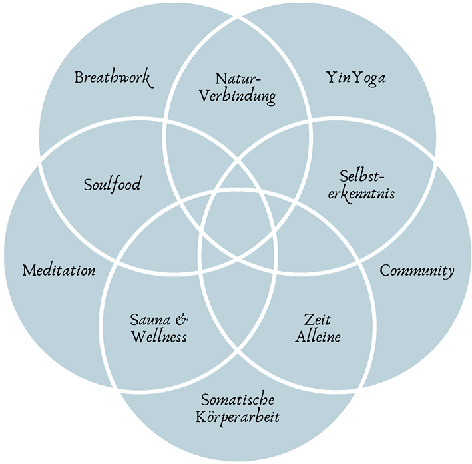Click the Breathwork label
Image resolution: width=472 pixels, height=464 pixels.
point(113,78)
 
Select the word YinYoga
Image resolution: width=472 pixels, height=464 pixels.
point(356,78)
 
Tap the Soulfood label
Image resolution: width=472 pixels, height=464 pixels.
point(113,184)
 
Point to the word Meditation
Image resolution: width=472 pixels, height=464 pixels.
point(59,270)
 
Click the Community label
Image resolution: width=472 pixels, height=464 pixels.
point(417,271)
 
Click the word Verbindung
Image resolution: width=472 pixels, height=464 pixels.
point(238,97)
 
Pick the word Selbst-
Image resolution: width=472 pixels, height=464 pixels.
point(362,176)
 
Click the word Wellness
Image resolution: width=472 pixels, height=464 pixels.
point(159,336)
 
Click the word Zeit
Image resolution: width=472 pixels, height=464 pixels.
point(317,319)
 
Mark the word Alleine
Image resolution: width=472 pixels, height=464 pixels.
point(318,336)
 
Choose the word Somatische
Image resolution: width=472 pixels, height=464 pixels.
point(238,401)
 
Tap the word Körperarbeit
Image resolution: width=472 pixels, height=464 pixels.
point(238,419)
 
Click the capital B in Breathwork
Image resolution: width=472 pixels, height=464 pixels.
point(79,77)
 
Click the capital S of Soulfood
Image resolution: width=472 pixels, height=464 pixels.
point(88,184)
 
